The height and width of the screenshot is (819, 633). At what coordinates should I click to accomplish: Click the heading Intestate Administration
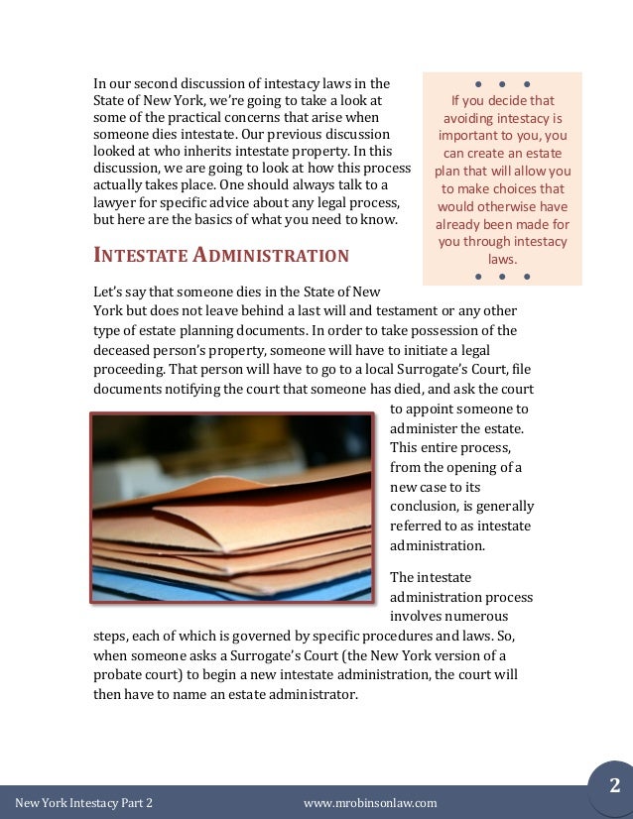click(221, 256)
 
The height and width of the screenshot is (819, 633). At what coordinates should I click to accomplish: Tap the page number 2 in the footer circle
click(614, 786)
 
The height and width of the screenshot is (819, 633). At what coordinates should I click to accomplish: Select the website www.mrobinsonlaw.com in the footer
click(369, 803)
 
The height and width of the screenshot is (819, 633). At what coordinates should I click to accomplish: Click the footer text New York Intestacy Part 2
click(84, 803)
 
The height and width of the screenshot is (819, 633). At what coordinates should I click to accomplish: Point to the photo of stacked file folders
click(232, 508)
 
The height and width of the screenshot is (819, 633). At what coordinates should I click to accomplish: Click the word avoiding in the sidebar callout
click(472, 119)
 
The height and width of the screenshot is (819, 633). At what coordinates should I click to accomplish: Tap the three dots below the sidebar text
click(502, 276)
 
